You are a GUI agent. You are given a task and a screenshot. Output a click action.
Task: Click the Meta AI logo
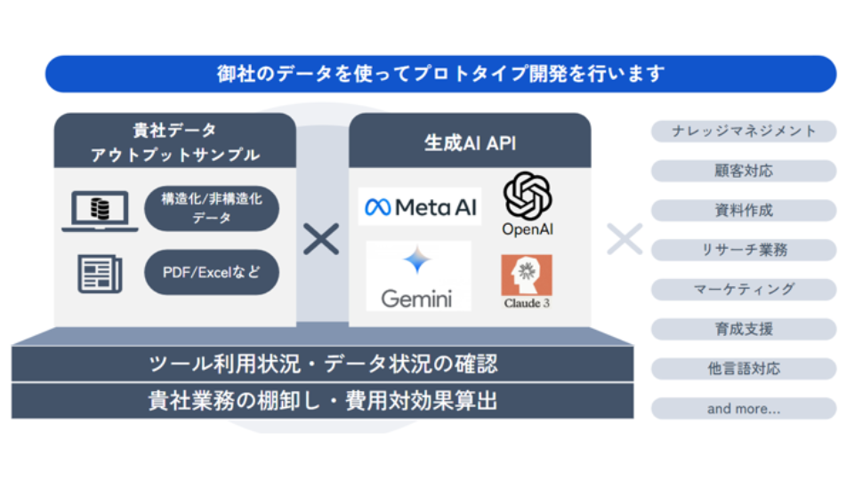pyautogui.click(x=419, y=207)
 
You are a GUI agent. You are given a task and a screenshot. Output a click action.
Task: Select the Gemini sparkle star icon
pyautogui.click(x=417, y=260)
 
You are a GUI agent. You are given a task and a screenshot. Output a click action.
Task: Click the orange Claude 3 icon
pyautogui.click(x=527, y=276)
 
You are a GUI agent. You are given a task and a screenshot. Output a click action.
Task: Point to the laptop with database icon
pyautogui.click(x=100, y=211)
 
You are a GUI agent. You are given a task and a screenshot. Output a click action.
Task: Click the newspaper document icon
pyautogui.click(x=100, y=273)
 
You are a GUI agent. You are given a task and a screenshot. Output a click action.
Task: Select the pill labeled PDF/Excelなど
pyautogui.click(x=212, y=273)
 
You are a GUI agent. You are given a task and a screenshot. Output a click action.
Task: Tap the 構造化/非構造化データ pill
pyautogui.click(x=212, y=209)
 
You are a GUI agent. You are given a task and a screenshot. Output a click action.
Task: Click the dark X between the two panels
pyautogui.click(x=321, y=239)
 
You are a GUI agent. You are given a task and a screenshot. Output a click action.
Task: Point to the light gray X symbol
pyautogui.click(x=624, y=239)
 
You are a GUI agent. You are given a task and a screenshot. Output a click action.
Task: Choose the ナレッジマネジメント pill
pyautogui.click(x=744, y=132)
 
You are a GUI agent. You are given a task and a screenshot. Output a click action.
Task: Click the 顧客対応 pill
pyautogui.click(x=744, y=171)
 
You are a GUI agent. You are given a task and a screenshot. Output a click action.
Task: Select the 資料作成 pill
pyautogui.click(x=744, y=211)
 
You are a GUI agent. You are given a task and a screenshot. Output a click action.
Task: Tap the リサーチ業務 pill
pyautogui.click(x=744, y=250)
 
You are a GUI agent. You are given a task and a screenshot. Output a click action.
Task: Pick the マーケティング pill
pyautogui.click(x=744, y=290)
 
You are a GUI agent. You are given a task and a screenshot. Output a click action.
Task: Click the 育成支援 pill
pyautogui.click(x=744, y=329)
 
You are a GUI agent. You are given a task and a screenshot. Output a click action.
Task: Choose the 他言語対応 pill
pyautogui.click(x=744, y=369)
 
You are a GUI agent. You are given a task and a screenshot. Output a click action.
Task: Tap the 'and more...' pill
pyautogui.click(x=744, y=409)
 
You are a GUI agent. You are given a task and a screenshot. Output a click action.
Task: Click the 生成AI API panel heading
pyautogui.click(x=469, y=142)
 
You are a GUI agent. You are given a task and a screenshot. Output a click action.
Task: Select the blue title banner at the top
pyautogui.click(x=440, y=74)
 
